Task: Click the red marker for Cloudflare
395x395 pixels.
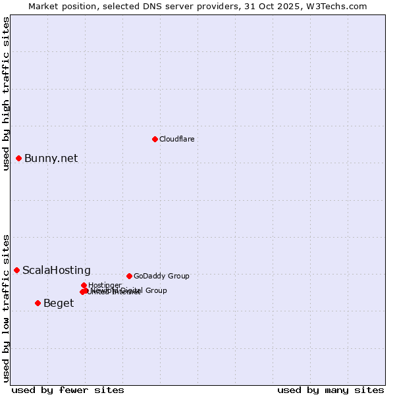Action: [155, 139]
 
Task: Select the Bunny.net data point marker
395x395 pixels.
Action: [19, 158]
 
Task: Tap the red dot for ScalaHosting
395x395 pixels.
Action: [16, 270]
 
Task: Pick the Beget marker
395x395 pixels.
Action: [38, 303]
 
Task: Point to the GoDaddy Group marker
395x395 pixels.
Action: [129, 276]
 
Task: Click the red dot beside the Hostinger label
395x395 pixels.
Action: [84, 285]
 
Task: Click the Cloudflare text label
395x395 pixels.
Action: [176, 139]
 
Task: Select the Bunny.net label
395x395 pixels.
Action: [51, 158]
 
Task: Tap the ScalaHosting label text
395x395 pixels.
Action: [56, 270]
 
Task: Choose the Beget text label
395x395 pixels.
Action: [58, 303]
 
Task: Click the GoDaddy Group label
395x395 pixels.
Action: [161, 276]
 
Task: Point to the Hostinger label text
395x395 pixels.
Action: [105, 285]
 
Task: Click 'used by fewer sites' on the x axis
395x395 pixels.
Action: [68, 390]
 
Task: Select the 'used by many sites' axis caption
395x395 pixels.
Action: [330, 390]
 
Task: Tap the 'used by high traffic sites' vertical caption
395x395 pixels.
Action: [6, 94]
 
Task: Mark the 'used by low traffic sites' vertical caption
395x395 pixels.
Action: [6, 307]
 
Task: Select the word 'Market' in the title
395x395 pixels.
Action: [43, 6]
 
